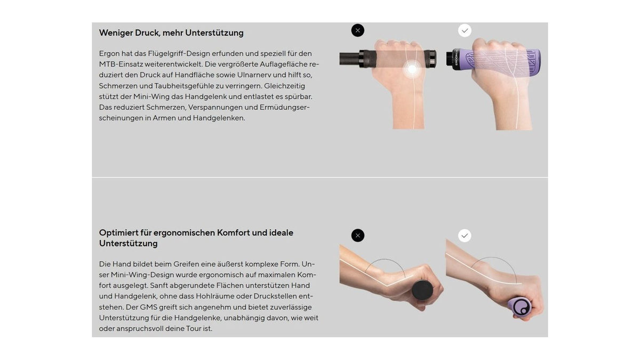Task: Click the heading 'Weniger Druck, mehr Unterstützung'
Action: pos(171,33)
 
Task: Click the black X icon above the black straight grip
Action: pos(358,30)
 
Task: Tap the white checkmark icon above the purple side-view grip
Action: pos(465,30)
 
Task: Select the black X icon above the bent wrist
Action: pos(358,235)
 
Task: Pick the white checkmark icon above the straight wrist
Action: pos(465,235)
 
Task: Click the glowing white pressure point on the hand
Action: pos(412,69)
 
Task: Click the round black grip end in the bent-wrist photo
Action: pos(422,290)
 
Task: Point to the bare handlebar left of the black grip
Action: pos(349,59)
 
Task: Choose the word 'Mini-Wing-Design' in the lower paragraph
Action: pos(142,275)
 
